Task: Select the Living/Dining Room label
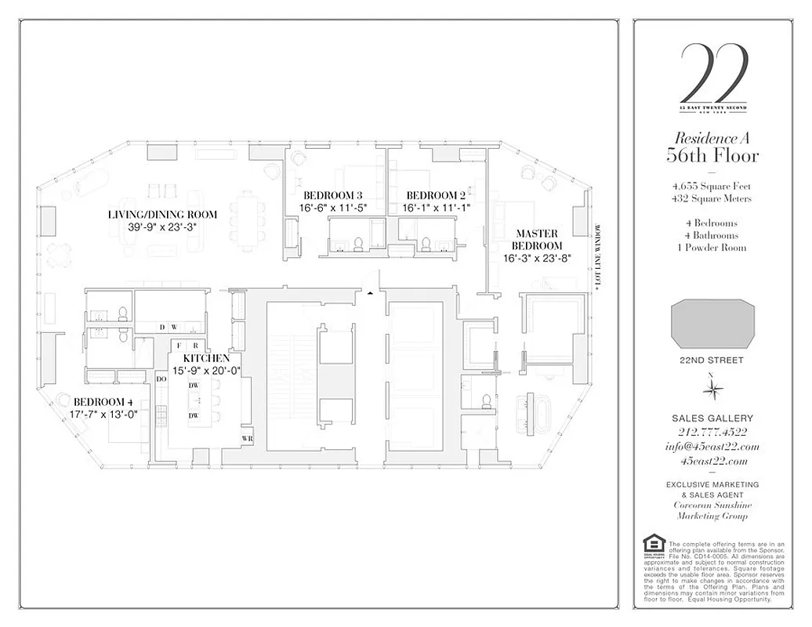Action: coord(162,214)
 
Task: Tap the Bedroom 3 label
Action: coord(333,195)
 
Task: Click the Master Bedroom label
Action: coord(537,239)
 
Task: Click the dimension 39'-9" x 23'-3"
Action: coord(162,227)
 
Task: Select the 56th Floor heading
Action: coord(712,155)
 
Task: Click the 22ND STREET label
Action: coord(712,361)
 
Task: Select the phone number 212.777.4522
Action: coord(712,433)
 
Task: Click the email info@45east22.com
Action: coord(712,447)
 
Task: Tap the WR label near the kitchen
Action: coord(247,438)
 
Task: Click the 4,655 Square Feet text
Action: coord(712,187)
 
